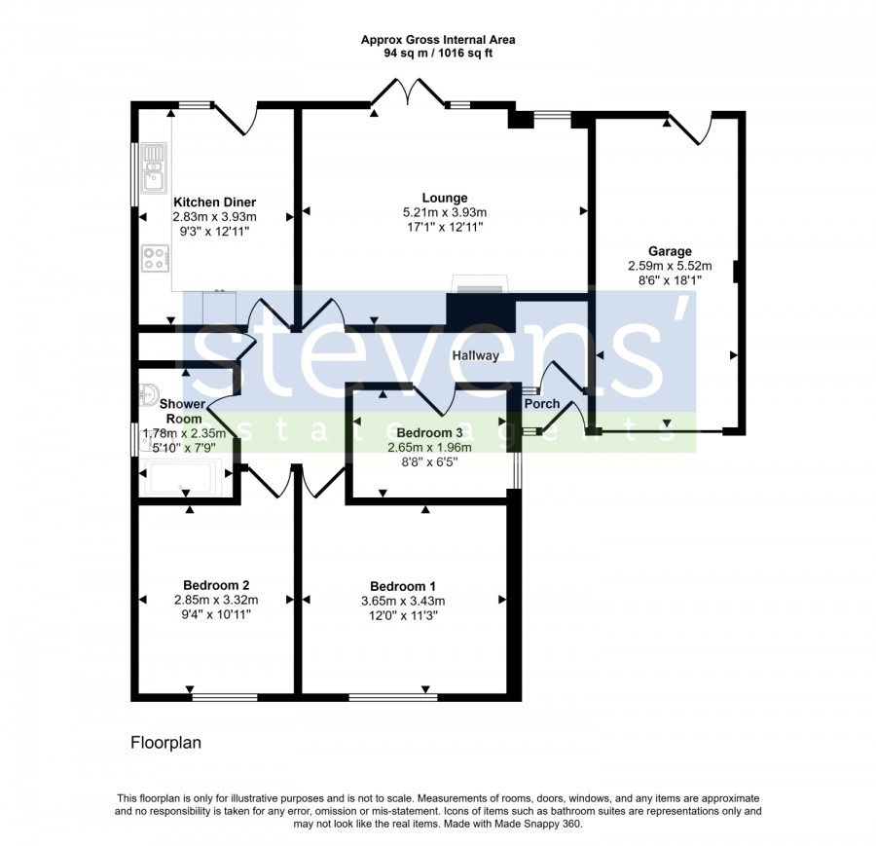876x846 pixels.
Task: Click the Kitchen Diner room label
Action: (214, 202)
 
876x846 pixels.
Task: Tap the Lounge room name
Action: (445, 198)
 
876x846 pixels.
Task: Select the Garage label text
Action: (670, 251)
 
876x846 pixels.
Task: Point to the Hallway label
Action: (475, 355)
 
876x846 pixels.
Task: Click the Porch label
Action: (542, 403)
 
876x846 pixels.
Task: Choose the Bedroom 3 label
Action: (429, 433)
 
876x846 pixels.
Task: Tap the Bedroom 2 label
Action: (216, 585)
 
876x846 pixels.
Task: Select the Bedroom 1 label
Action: (402, 586)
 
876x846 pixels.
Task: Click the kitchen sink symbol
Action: (154, 168)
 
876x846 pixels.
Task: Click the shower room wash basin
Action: (147, 395)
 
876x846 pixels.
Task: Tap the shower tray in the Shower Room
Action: (182, 478)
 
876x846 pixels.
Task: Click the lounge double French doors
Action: (409, 92)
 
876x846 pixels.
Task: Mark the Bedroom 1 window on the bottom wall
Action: (393, 697)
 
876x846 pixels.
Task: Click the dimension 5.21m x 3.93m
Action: (445, 212)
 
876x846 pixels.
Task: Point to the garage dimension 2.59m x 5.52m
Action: (670, 266)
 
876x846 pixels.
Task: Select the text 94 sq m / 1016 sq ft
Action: (438, 54)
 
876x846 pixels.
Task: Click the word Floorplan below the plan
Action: (165, 743)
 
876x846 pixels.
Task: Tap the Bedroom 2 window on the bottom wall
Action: (225, 697)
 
